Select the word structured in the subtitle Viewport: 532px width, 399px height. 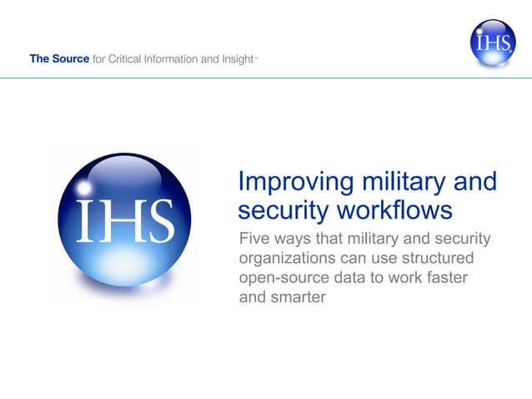coord(455,258)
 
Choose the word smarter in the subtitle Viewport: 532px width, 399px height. coord(298,296)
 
